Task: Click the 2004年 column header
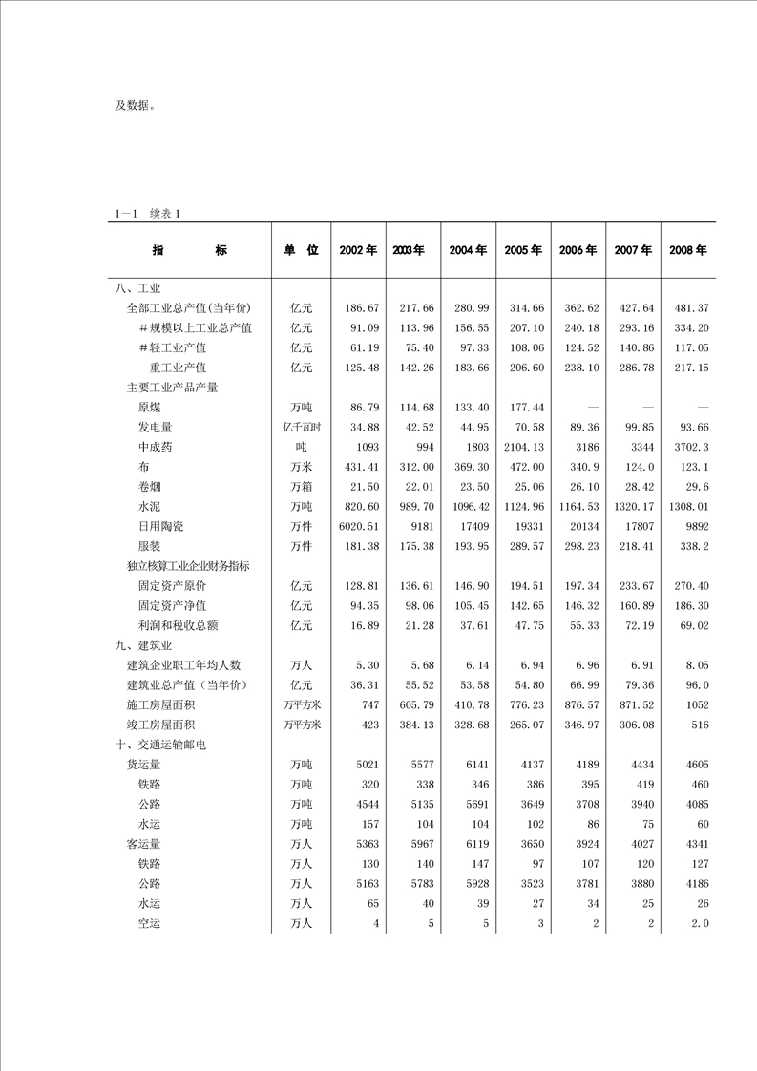pyautogui.click(x=468, y=250)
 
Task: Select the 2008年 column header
pyautogui.click(x=687, y=250)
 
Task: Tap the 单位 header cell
pyautogui.click(x=301, y=250)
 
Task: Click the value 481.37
pyautogui.click(x=687, y=308)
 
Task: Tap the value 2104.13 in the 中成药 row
pyautogui.click(x=523, y=447)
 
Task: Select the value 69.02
pyautogui.click(x=687, y=625)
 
